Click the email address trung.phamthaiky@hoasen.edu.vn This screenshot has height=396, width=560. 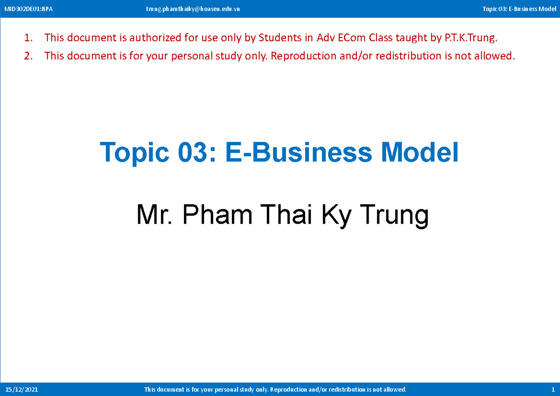[193, 9]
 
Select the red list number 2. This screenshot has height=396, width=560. [28, 56]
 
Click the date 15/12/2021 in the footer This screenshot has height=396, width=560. [21, 389]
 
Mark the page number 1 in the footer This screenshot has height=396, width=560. [553, 389]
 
